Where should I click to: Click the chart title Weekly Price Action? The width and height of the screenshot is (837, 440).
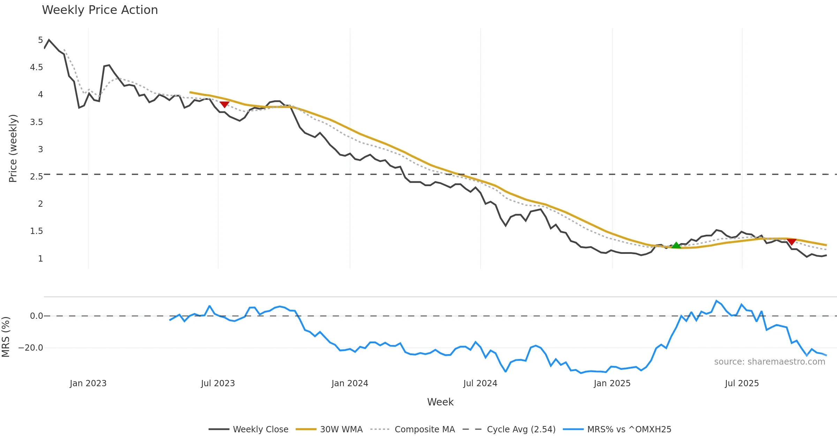click(100, 10)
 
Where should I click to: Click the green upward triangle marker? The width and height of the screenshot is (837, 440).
click(676, 245)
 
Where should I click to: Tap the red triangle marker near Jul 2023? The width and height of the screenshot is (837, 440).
click(224, 104)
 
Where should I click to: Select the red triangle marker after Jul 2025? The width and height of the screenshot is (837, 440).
click(792, 242)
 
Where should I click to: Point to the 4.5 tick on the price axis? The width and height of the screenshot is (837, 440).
click(36, 67)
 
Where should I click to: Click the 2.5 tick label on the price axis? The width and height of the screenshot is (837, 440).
click(36, 176)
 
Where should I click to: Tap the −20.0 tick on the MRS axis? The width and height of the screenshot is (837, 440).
click(31, 348)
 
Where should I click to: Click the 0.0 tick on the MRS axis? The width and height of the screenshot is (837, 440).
click(36, 316)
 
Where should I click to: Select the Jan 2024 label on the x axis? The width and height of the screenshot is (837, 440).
click(350, 383)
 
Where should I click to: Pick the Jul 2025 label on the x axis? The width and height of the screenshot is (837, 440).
click(742, 383)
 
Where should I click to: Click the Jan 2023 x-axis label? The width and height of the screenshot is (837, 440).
click(88, 383)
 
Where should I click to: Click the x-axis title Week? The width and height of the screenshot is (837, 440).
click(440, 402)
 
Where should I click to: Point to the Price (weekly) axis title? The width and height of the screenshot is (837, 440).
click(13, 148)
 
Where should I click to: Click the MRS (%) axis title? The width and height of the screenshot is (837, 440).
click(6, 337)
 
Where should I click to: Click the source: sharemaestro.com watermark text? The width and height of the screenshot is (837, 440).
click(769, 362)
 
